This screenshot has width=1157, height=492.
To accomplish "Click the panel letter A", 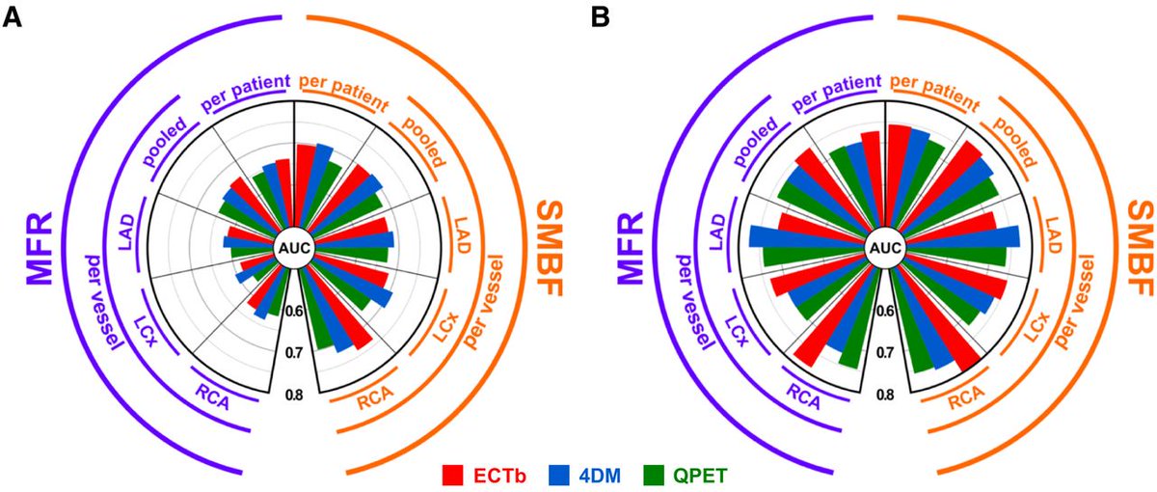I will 13,18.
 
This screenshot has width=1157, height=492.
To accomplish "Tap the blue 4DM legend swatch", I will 561,475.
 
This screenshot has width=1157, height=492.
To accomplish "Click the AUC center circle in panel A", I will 294,248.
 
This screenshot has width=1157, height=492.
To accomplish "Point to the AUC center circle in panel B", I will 884,248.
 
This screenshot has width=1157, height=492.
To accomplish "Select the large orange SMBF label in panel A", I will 552,247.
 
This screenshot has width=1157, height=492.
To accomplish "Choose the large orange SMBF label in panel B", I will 1140,247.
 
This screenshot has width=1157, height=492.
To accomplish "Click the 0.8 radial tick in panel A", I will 294,393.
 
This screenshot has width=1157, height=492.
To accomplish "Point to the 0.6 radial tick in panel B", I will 884,311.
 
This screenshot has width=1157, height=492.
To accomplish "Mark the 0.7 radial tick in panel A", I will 294,352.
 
